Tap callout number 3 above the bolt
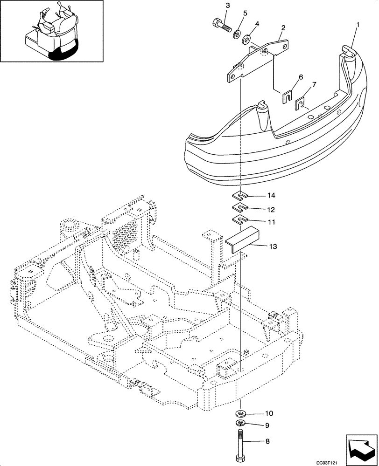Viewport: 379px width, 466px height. pos(228,5)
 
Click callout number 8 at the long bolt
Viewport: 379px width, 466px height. pos(267,440)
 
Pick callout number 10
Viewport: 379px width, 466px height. pos(270,413)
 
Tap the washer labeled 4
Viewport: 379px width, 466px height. pos(247,37)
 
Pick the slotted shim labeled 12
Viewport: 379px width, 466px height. pos(240,208)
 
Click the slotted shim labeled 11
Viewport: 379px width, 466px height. pos(240,219)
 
